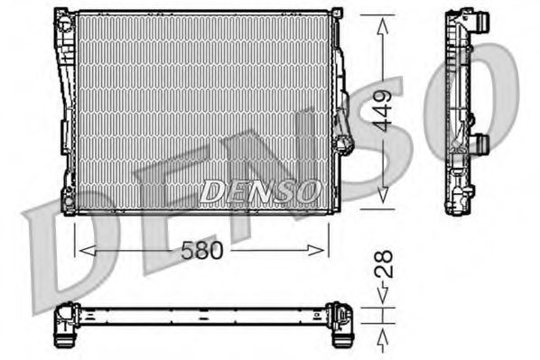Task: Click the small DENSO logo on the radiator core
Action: click(259, 190)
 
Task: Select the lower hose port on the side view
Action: click(481, 143)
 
